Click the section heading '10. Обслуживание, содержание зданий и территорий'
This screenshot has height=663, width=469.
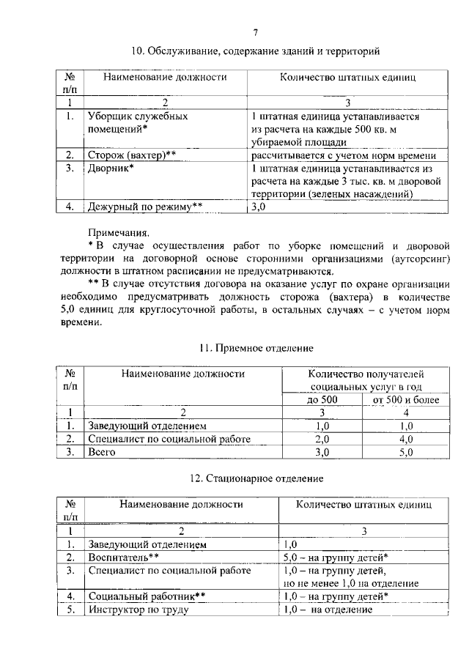tap(255, 51)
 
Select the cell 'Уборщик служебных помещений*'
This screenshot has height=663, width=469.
tap(138, 123)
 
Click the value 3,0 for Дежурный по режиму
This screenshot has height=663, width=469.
tap(259, 207)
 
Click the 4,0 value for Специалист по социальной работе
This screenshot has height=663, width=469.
tap(405, 439)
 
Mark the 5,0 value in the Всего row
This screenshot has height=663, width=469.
tap(405, 452)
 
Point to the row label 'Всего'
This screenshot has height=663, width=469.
tap(103, 452)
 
